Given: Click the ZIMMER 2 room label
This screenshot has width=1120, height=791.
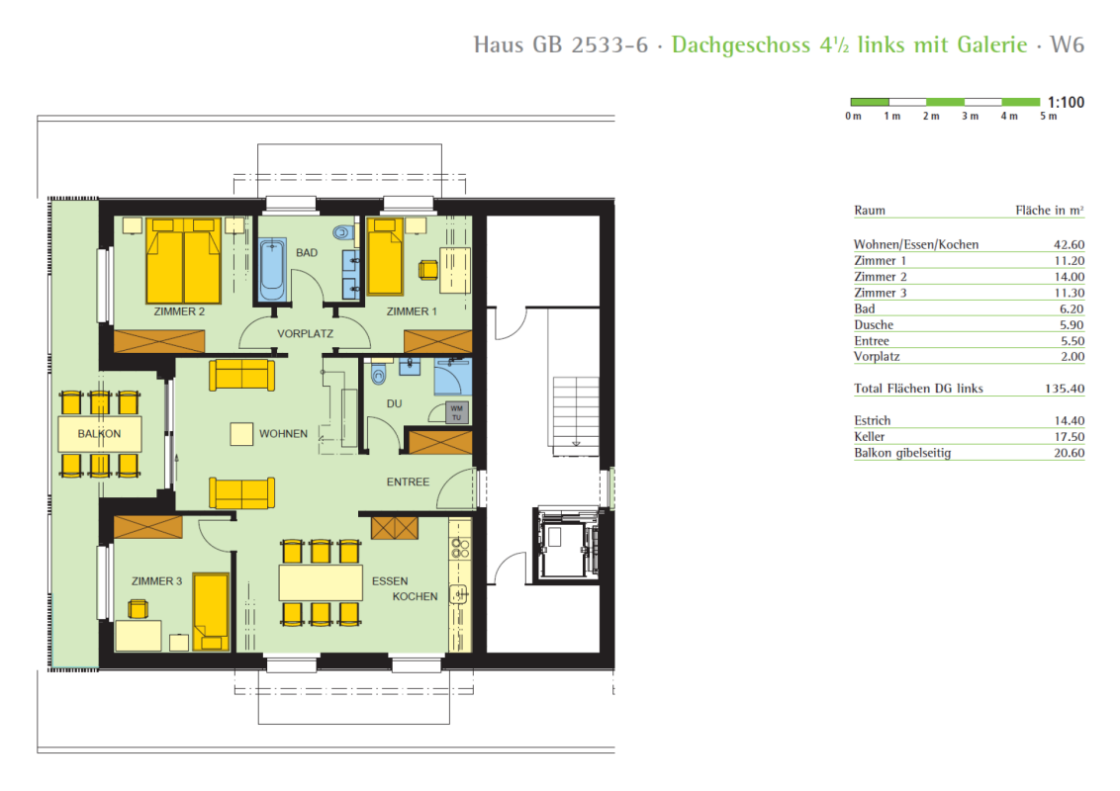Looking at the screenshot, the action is coord(179,311).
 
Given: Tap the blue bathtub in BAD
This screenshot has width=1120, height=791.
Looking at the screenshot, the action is coord(272,270).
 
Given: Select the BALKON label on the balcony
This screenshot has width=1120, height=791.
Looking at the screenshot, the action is coord(99,433).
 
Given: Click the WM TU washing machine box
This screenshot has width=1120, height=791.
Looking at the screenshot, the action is coord(456,412).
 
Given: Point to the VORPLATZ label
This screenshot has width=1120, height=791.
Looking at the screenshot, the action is coord(305,333).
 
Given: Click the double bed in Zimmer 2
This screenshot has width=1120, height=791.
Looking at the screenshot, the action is coord(184,261).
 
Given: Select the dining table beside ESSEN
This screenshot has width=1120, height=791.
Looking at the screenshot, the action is coord(321,582).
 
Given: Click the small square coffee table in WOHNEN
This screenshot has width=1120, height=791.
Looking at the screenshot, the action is coord(241,434).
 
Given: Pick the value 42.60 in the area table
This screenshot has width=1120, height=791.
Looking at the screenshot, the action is coord(1069,244).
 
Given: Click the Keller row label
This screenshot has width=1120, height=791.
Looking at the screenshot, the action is coord(870,436).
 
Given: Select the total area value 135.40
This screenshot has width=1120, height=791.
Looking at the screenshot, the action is coord(1065,389).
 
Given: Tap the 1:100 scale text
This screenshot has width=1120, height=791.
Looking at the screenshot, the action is coord(1066,102).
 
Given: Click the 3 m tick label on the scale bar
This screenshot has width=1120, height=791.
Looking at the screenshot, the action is coord(970,116).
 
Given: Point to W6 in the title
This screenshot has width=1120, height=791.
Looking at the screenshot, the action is coord(1068,44).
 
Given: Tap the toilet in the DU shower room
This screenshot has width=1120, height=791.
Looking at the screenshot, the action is coord(379,374).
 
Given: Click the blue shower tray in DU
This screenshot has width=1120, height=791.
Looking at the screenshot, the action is coord(453,377).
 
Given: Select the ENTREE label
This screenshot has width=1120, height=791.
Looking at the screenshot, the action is coord(408,482).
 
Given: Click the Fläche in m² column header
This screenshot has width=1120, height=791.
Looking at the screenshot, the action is coord(1050,210).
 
